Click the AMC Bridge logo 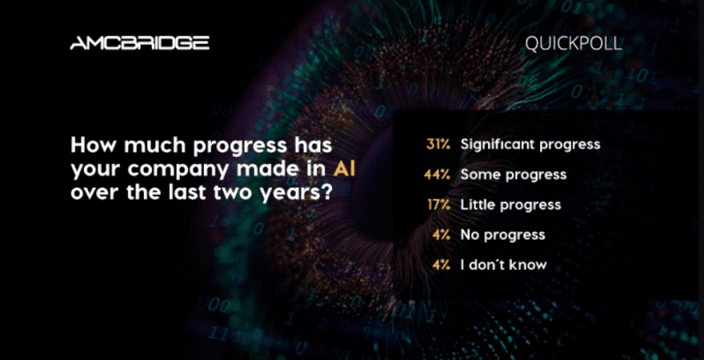pyautogui.click(x=140, y=43)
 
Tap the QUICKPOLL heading pyautogui.click(x=574, y=44)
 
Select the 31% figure pyautogui.click(x=438, y=144)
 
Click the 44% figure pyautogui.click(x=436, y=175)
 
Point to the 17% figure pyautogui.click(x=439, y=205)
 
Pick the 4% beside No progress pyautogui.click(x=441, y=234)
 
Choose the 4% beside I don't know pyautogui.click(x=441, y=264)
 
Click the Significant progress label pyautogui.click(x=530, y=145)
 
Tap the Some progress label pyautogui.click(x=514, y=175)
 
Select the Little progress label pyautogui.click(x=511, y=205)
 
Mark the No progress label pyautogui.click(x=502, y=235)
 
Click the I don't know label pyautogui.click(x=503, y=264)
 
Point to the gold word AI pyautogui.click(x=345, y=170)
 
